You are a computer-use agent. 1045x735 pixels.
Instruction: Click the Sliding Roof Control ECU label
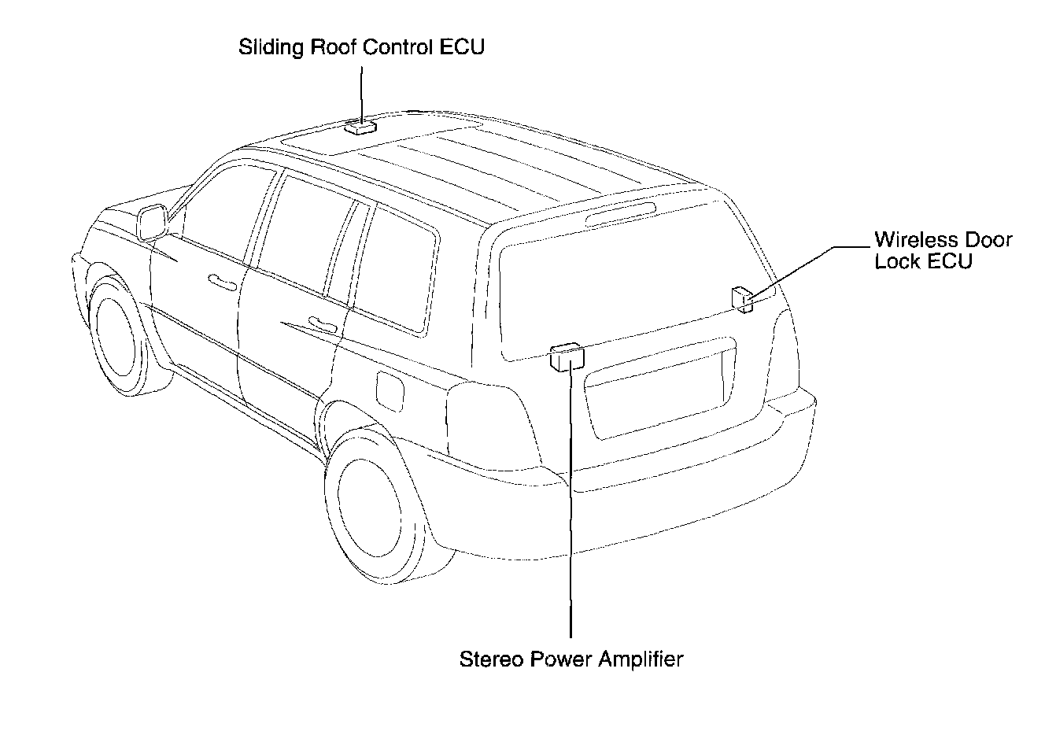click(x=362, y=47)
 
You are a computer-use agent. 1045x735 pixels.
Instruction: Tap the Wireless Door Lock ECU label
click(x=943, y=249)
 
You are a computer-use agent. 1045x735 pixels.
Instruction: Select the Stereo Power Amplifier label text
click(x=571, y=659)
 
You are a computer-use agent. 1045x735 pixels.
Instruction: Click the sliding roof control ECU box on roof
click(x=361, y=125)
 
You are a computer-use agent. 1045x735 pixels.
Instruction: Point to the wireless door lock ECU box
click(x=742, y=298)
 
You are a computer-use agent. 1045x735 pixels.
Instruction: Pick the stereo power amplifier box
click(x=567, y=356)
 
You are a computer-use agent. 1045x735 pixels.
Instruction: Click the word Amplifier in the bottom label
click(x=641, y=659)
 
